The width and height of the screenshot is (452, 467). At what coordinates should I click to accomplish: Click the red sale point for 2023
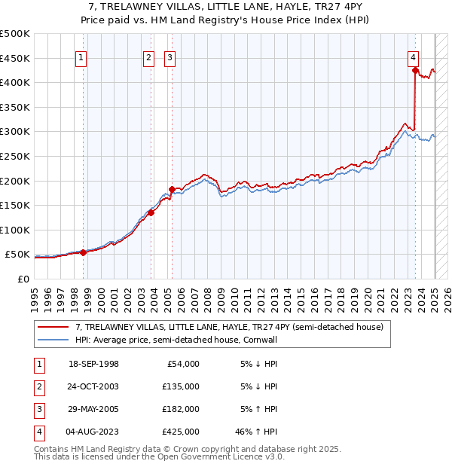(x=415, y=71)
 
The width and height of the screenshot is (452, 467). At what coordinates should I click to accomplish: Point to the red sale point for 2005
(x=172, y=190)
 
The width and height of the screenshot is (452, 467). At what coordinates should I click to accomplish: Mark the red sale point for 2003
(x=151, y=212)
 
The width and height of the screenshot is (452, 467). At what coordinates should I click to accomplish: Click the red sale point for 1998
(x=83, y=252)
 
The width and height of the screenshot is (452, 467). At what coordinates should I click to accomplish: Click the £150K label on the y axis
(x=16, y=205)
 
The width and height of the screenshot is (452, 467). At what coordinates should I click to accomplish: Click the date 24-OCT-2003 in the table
(x=93, y=386)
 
